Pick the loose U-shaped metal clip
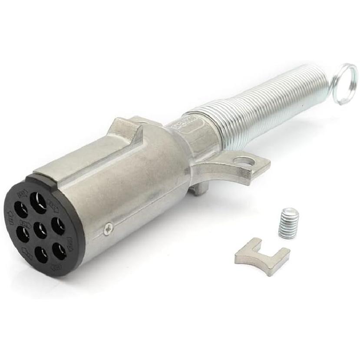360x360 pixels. [261, 255]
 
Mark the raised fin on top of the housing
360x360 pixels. [126, 130]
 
